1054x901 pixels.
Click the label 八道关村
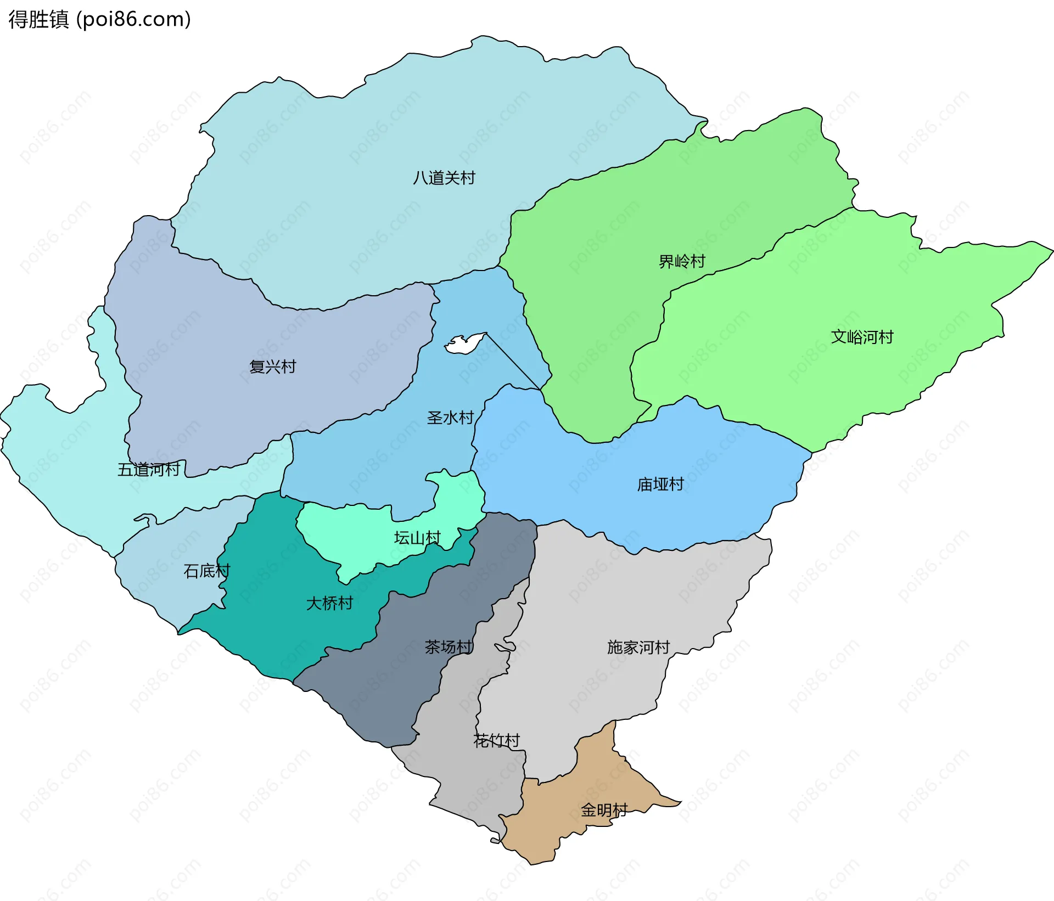coord(444,178)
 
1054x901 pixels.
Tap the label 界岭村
coord(682,261)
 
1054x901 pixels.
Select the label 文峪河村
coord(862,336)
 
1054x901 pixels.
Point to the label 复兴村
coord(272,366)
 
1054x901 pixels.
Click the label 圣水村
coord(450,418)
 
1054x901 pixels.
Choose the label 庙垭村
coord(660,484)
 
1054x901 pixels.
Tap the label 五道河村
coord(149,469)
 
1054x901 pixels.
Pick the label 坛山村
coord(417,537)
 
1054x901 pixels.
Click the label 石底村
coord(206,571)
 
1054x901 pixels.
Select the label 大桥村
coord(329,603)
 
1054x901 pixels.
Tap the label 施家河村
coord(638,647)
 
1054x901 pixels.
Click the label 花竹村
coord(496,740)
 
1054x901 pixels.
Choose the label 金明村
coord(604,810)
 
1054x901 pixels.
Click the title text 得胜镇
coord(38,19)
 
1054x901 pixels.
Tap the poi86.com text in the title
coord(133,19)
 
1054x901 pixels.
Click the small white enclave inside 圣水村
coord(464,344)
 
